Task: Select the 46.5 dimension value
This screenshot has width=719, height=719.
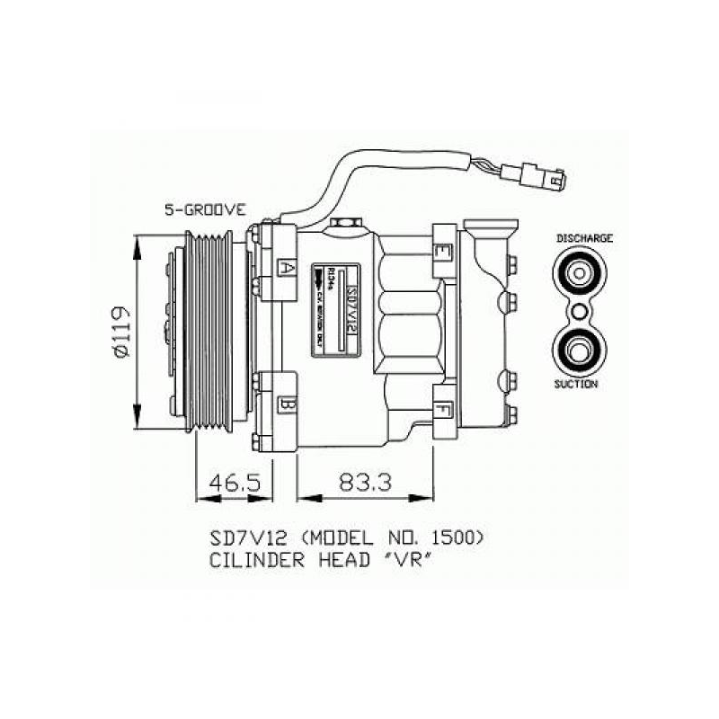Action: point(235,483)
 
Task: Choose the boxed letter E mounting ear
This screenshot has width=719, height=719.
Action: point(442,253)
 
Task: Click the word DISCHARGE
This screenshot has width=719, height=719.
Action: point(584,238)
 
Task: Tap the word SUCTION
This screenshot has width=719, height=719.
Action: point(577,384)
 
